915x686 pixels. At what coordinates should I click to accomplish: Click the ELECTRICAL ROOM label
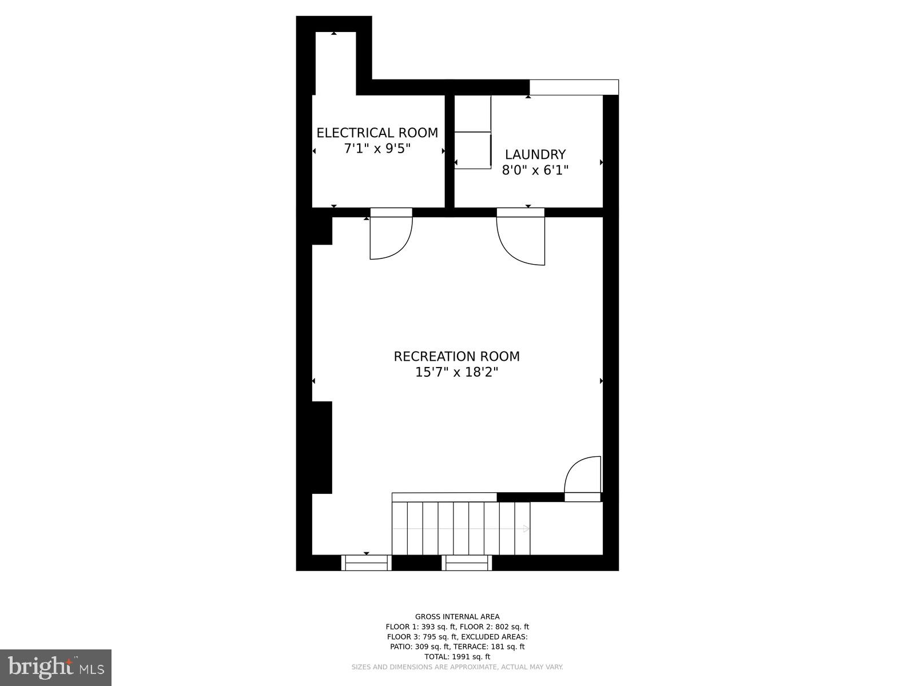pos(377,133)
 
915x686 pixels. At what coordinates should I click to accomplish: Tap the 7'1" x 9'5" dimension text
pos(377,149)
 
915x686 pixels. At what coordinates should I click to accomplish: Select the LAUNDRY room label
pos(535,154)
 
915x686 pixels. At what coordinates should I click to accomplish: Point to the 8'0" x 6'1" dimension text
pos(535,170)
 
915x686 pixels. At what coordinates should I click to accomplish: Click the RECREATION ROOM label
pos(456,356)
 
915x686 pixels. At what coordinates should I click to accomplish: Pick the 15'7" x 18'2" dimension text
pos(456,372)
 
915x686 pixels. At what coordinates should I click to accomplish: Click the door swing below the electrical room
pos(391,237)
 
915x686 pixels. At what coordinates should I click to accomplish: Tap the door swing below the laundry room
pos(520,240)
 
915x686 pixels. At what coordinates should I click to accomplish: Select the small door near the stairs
pos(583,476)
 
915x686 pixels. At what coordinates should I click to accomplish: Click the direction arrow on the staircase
pos(526,529)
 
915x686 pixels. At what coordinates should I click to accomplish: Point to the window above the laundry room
pos(574,87)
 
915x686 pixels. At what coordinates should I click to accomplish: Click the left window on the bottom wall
pos(367,564)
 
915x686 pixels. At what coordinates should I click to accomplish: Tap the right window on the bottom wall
pos(467,564)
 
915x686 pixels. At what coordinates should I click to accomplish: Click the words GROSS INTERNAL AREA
pos(457,616)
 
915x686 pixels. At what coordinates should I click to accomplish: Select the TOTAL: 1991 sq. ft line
pos(457,657)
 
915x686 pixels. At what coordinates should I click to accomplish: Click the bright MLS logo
pos(55,668)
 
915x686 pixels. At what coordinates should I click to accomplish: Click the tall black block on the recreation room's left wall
pos(322,447)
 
